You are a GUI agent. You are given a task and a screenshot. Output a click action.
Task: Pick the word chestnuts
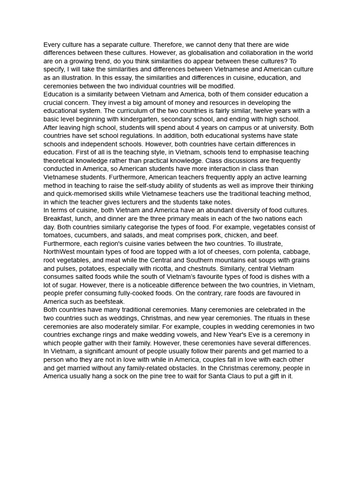[203, 269]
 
